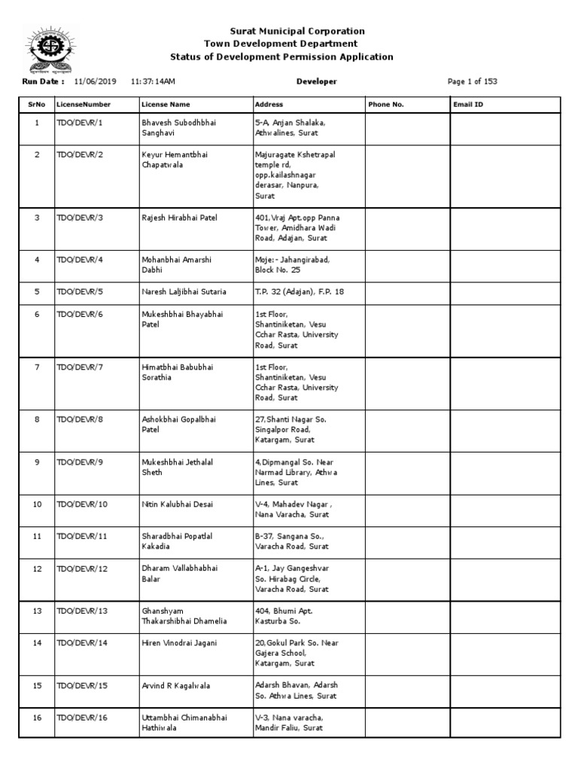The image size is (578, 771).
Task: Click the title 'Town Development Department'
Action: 281,44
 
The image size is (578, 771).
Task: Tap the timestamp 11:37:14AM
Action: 153,81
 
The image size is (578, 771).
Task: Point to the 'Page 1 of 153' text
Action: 472,81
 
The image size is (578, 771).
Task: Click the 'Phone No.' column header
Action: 386,105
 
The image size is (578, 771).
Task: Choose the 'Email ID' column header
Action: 468,105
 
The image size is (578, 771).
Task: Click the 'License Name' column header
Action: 166,105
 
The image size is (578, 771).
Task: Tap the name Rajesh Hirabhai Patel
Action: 179,218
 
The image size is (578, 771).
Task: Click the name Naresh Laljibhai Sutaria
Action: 184,291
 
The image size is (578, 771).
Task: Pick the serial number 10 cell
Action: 36,504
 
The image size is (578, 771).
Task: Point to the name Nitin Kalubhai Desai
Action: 178,504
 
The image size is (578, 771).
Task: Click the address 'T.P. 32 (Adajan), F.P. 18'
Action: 300,291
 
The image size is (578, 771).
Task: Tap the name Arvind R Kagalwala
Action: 176,685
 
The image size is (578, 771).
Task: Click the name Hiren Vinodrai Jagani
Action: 179,642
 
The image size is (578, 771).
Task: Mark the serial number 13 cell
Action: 36,611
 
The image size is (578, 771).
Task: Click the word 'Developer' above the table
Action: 317,81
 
